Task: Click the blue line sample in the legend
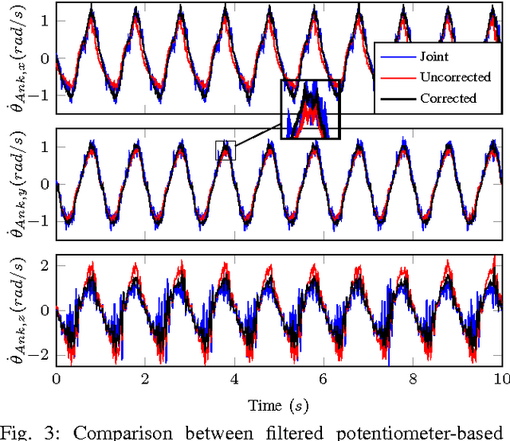(x=396, y=57)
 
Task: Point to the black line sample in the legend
(x=396, y=98)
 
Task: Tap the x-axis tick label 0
(x=56, y=377)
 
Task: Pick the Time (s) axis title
(x=277, y=404)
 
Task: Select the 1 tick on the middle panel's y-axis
(x=45, y=147)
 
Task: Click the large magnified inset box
(x=310, y=109)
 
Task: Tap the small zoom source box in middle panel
(x=226, y=150)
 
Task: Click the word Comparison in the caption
(x=115, y=432)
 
